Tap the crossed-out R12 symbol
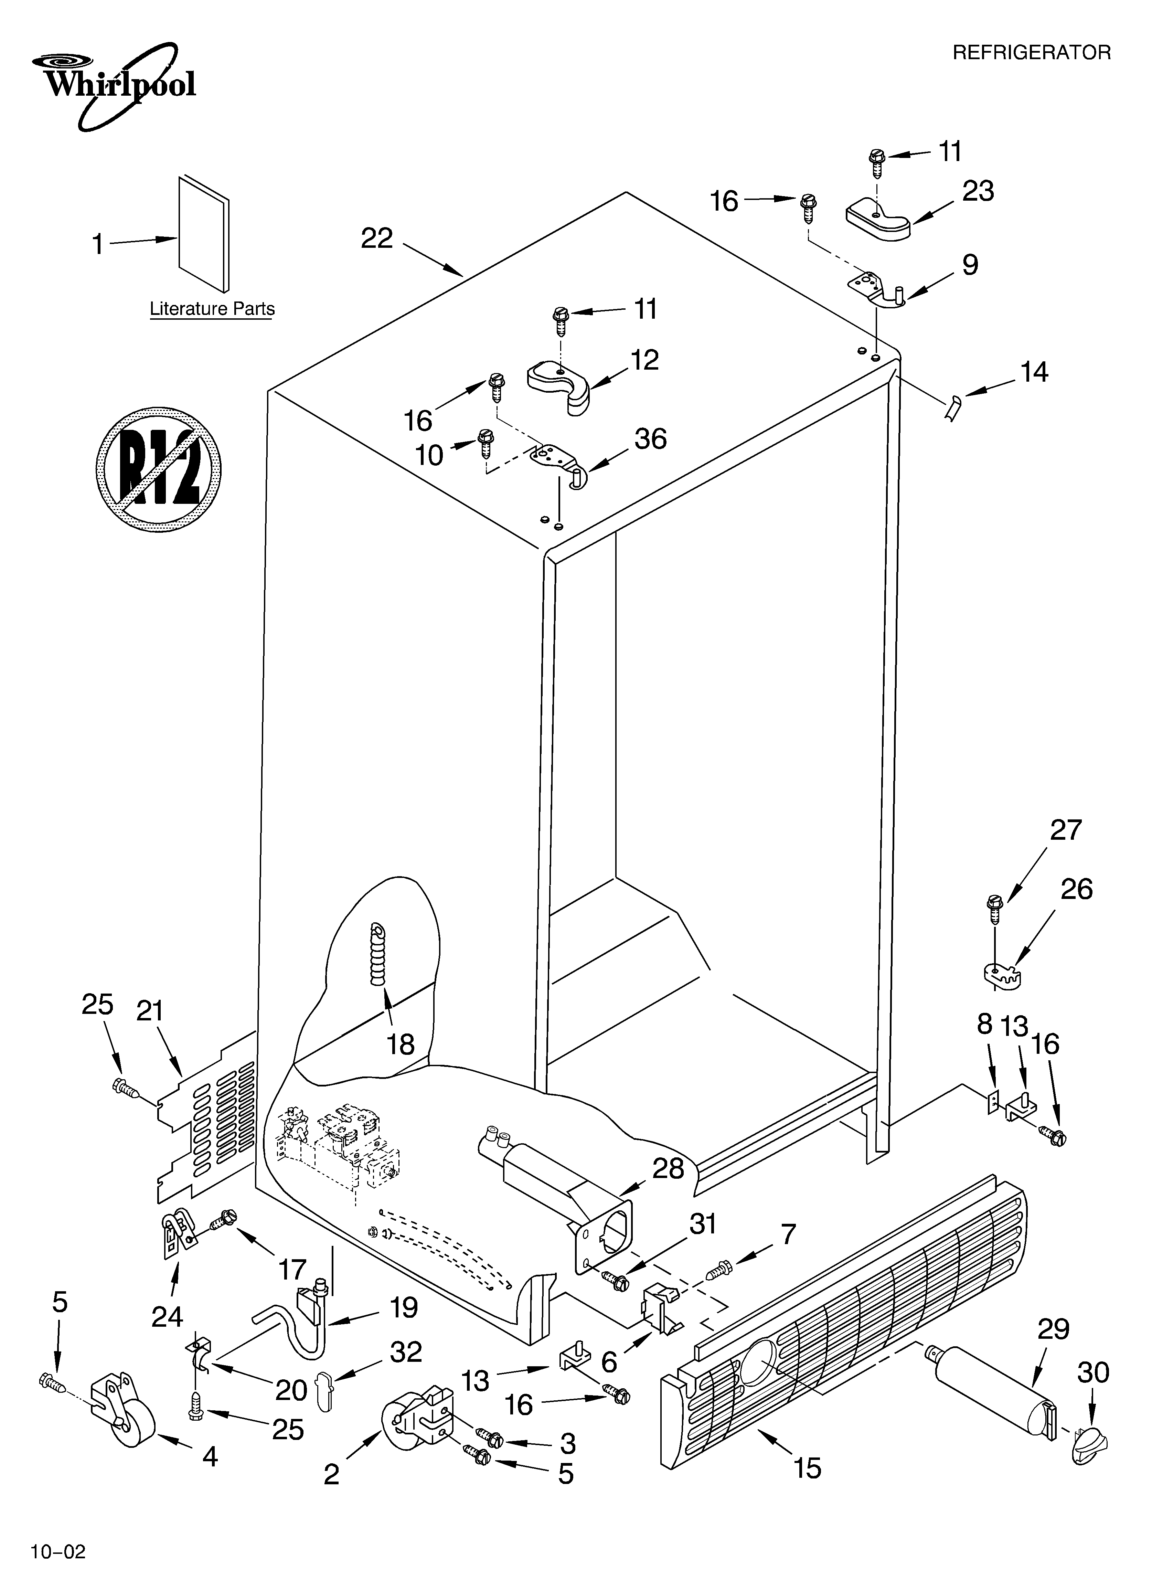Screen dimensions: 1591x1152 pyautogui.click(x=159, y=469)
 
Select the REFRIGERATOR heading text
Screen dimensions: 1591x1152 pyautogui.click(x=1031, y=53)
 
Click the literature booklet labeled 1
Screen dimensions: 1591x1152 pyautogui.click(x=203, y=234)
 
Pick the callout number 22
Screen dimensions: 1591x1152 pyautogui.click(x=377, y=239)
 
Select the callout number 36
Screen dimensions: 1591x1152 pyautogui.click(x=650, y=439)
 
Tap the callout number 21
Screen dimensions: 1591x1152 pyautogui.click(x=149, y=1011)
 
